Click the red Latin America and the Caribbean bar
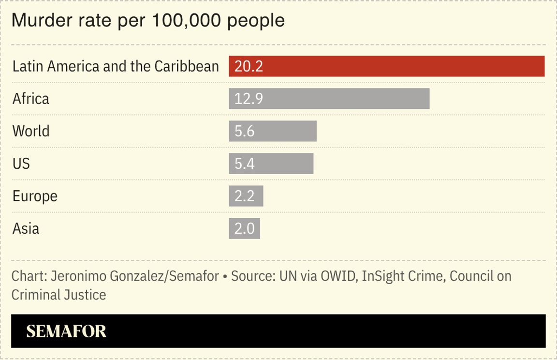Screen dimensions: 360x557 [387, 66]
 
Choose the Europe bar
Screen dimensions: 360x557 [246, 196]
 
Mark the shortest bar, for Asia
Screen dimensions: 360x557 [244, 228]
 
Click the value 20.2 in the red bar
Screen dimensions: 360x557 [249, 66]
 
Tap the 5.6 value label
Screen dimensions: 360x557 [244, 131]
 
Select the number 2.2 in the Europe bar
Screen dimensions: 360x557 [244, 196]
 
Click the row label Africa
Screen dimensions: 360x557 [30, 99]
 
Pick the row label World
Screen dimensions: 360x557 [30, 131]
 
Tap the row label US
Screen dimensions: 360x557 [21, 164]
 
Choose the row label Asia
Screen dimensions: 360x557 [26, 228]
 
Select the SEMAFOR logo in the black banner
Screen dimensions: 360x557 [66, 331]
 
